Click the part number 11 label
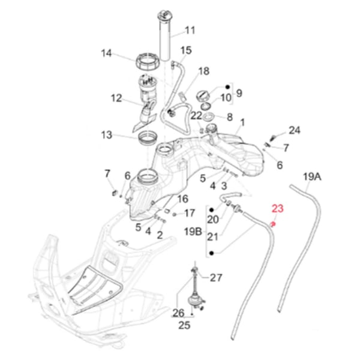click(x=190, y=30)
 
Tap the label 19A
click(x=311, y=176)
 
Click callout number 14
click(x=107, y=53)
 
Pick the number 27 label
click(x=216, y=278)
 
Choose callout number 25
click(x=184, y=326)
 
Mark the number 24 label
click(x=295, y=130)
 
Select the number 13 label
click(x=107, y=135)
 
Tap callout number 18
click(x=203, y=71)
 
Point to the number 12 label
click(x=116, y=98)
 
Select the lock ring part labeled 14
click(x=148, y=61)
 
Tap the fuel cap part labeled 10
click(x=203, y=96)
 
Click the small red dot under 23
click(x=273, y=223)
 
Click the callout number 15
click(x=186, y=50)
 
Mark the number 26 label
click(x=178, y=313)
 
